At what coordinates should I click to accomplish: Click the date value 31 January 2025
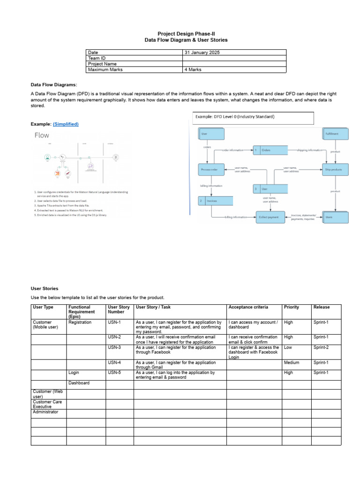(x=202, y=52)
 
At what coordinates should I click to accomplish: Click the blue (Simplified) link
(x=66, y=124)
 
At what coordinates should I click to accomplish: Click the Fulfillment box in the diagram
(x=336, y=134)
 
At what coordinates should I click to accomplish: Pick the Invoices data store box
(x=215, y=201)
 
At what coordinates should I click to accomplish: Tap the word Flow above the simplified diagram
(x=42, y=135)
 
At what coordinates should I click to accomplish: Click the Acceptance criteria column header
(x=248, y=307)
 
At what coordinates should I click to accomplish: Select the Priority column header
(x=291, y=307)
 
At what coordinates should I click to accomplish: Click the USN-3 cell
(x=114, y=347)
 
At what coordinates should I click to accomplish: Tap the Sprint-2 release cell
(x=321, y=347)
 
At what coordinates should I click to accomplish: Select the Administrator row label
(x=45, y=412)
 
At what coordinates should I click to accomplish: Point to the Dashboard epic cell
(x=79, y=383)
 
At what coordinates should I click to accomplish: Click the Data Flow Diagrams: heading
(x=53, y=85)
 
